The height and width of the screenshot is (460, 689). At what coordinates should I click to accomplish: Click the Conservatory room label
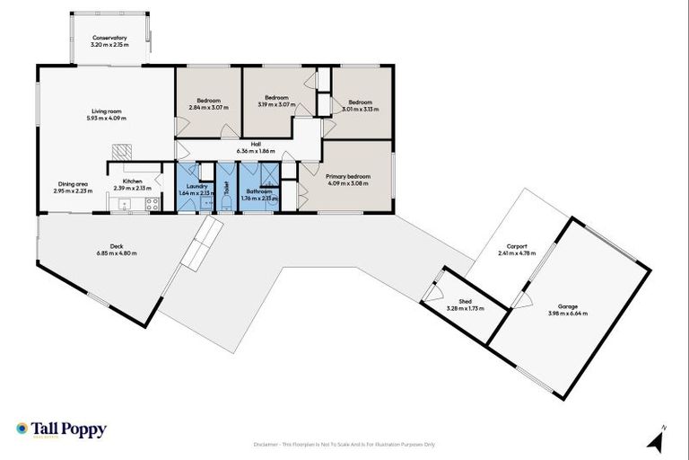point(109,38)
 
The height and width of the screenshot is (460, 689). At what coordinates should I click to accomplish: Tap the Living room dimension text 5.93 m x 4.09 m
point(107,118)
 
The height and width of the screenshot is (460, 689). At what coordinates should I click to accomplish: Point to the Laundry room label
point(194,186)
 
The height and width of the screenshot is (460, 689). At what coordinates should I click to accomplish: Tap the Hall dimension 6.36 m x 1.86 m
point(256,151)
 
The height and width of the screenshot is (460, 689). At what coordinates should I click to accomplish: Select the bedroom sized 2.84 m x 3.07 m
point(207,102)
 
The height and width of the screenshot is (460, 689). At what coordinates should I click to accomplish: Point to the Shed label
point(465,303)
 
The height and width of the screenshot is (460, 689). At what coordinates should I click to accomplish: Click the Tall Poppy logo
point(61,429)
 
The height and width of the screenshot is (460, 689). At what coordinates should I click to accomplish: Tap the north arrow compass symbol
point(659,440)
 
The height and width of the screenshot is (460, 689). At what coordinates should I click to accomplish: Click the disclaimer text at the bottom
point(344,445)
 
